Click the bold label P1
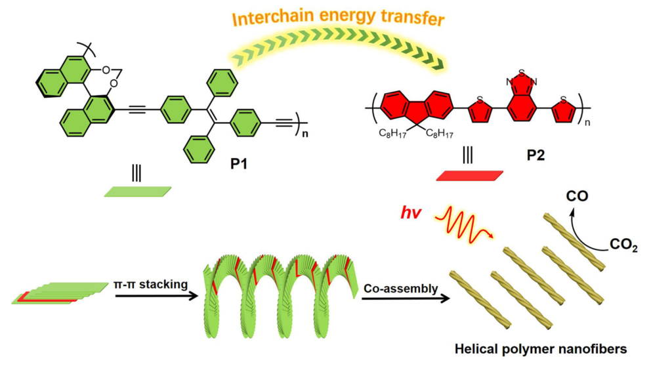pyautogui.click(x=239, y=164)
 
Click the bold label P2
pyautogui.click(x=535, y=155)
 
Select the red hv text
pyautogui.click(x=411, y=213)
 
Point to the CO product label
pyautogui.click(x=577, y=196)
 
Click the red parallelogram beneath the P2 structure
pyautogui.click(x=470, y=176)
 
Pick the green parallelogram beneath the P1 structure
pyautogui.click(x=137, y=192)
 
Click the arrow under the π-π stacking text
pyautogui.click(x=157, y=296)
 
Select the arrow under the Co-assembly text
pyautogui.click(x=406, y=298)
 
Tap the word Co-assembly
pyautogui.click(x=401, y=289)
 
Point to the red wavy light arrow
pyautogui.click(x=464, y=227)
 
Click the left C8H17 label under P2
pyautogui.click(x=392, y=134)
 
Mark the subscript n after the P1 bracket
pyautogui.click(x=305, y=134)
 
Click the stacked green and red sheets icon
pyautogui.click(x=60, y=293)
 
